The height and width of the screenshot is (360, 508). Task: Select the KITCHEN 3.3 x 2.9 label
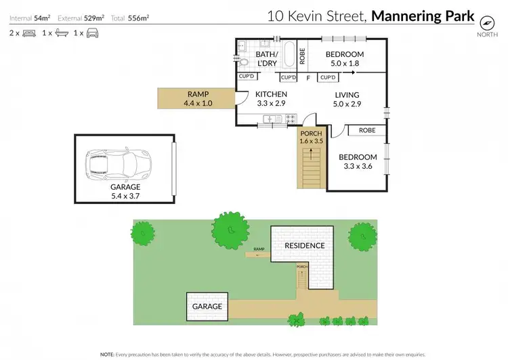(x=271, y=99)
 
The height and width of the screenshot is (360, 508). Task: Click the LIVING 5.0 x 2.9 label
(x=345, y=99)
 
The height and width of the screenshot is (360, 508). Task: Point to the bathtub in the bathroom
(x=289, y=54)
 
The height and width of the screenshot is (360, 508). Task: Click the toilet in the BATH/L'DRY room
(x=244, y=61)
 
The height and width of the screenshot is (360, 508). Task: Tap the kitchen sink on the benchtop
(x=272, y=119)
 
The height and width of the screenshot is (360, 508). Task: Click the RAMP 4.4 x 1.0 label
(x=198, y=99)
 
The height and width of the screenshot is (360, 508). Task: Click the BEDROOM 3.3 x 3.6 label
(x=357, y=161)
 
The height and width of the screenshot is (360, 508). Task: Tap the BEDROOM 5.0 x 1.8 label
(x=345, y=59)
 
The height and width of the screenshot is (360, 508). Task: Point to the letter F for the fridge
(x=308, y=78)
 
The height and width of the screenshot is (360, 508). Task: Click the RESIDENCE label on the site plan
(x=304, y=245)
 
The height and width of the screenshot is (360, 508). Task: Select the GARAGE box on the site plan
(x=207, y=306)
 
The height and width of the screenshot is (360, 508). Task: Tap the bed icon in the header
(x=28, y=33)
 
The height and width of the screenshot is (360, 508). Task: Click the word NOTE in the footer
(x=107, y=354)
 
